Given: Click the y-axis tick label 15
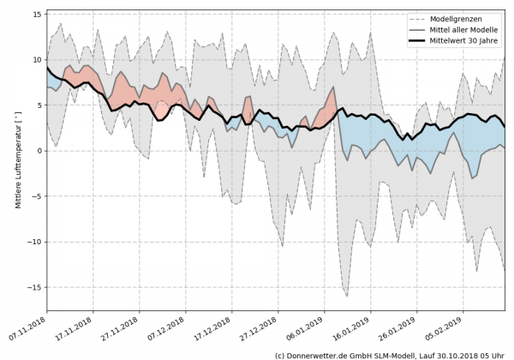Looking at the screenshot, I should pyautogui.click(x=38, y=14).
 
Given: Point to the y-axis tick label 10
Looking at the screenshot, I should pyautogui.click(x=38, y=59).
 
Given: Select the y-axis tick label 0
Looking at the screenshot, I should pyautogui.click(x=39, y=151).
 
